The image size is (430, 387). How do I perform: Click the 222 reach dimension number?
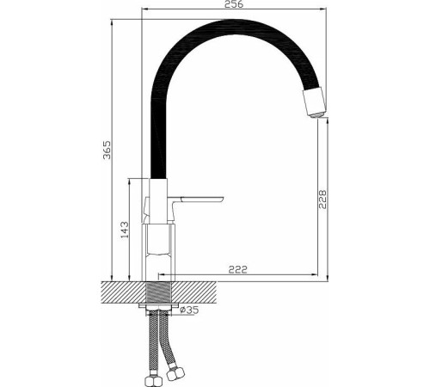pos(238,269)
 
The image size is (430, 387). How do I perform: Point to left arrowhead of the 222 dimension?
pos(164,277)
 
